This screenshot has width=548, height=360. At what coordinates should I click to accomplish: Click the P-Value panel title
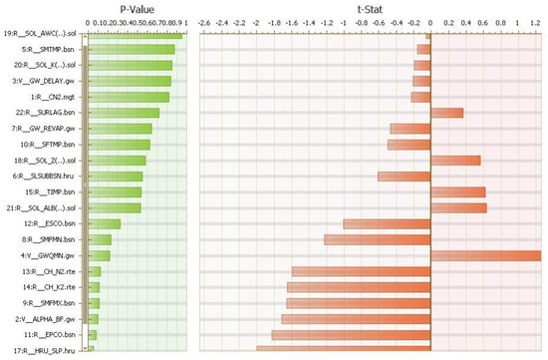(135, 8)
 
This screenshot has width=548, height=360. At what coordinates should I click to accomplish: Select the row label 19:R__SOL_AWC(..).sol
(41, 33)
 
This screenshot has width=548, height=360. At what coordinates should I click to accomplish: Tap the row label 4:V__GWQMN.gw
(51, 255)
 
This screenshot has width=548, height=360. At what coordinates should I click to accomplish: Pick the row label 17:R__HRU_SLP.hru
(47, 350)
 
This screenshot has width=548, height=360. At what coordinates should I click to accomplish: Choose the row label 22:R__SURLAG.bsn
(48, 113)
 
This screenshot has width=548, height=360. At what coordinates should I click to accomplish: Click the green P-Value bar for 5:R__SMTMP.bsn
(131, 49)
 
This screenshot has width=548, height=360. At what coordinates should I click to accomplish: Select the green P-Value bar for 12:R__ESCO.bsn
(104, 223)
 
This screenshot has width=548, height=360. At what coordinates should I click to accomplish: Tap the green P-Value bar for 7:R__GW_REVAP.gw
(120, 129)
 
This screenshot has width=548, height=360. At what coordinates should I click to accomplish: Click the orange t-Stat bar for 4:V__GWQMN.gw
(485, 255)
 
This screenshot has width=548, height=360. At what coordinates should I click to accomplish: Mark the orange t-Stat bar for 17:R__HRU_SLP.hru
(343, 349)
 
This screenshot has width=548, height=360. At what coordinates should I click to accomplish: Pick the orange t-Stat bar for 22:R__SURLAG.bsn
(446, 113)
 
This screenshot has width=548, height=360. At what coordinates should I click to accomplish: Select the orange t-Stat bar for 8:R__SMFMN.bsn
(377, 239)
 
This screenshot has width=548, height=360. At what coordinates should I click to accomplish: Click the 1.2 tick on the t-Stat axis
(534, 19)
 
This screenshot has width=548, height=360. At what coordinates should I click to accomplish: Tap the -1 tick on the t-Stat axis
(344, 19)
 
